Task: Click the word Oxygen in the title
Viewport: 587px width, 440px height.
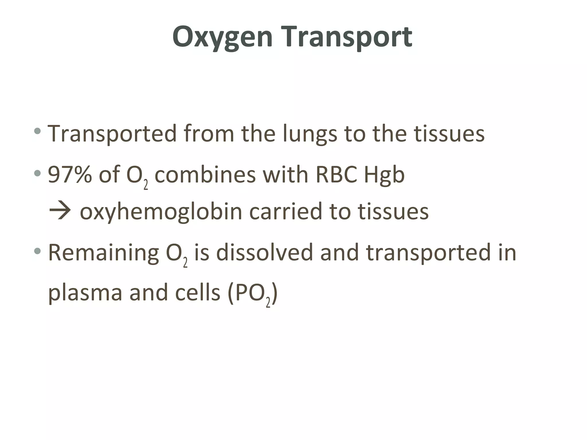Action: pos(222,37)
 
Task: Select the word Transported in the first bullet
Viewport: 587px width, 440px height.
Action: pos(112,133)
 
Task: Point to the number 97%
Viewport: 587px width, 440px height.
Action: pos(70,174)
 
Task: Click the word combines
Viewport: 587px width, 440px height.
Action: pos(205,174)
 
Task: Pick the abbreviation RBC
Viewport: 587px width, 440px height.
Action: pos(336,174)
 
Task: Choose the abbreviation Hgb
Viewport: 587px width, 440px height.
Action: pos(384,175)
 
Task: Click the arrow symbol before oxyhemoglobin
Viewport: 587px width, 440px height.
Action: pos(60,211)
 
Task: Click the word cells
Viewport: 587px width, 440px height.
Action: pos(197,293)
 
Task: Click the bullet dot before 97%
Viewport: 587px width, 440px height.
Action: pos(37,173)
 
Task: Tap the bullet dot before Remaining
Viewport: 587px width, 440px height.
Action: pos(37,251)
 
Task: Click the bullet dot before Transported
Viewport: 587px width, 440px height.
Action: pos(37,131)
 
